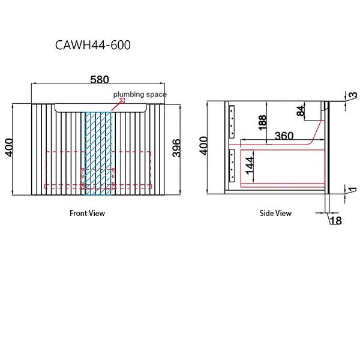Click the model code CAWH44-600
pyautogui.click(x=92, y=45)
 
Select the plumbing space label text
pyautogui.click(x=140, y=95)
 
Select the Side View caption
pyautogui.click(x=275, y=213)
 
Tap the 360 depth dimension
pyautogui.click(x=284, y=136)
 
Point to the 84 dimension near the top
pyautogui.click(x=301, y=111)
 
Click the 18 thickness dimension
pyautogui.click(x=335, y=221)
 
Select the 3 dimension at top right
pyautogui.click(x=353, y=95)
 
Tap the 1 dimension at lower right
pyautogui.click(x=353, y=191)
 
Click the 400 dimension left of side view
pyautogui.click(x=204, y=146)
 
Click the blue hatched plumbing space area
pyautogui.click(x=98, y=153)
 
